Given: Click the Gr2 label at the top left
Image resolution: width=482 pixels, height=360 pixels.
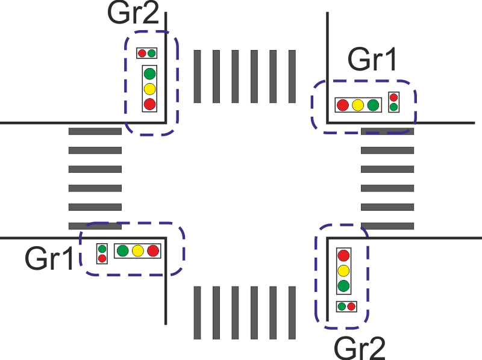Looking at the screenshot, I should [x=133, y=13].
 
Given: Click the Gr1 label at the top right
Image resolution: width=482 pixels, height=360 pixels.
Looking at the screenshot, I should [x=372, y=60].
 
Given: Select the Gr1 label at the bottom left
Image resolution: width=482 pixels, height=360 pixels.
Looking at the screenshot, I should [x=49, y=258].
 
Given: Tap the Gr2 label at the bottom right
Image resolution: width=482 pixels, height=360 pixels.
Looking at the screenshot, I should [x=359, y=347].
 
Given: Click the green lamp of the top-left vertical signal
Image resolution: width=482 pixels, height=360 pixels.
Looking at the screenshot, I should [x=149, y=74].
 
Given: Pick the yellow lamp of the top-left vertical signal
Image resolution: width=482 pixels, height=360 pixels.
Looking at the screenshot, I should [x=149, y=89].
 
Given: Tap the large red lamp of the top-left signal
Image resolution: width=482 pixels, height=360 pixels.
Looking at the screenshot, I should [x=149, y=104].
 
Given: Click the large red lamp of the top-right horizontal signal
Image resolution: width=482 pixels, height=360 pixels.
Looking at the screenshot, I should [x=343, y=105].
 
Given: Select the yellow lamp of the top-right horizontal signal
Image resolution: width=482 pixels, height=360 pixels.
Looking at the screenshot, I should [x=358, y=105].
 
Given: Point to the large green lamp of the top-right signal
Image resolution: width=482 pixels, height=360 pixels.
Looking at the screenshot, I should [x=373, y=105].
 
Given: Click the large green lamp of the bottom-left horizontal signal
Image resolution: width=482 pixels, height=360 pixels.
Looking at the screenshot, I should [x=123, y=251].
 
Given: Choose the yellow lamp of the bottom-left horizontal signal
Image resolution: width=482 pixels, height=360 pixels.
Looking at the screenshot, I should [x=138, y=251].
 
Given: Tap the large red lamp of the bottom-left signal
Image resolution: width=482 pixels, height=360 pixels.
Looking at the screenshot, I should [x=153, y=251].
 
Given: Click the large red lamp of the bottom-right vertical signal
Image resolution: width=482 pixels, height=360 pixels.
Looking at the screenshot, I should [x=343, y=255].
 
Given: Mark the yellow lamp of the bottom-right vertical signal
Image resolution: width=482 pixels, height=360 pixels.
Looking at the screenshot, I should [x=343, y=270].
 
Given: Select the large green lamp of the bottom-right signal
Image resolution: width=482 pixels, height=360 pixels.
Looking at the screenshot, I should [x=343, y=285].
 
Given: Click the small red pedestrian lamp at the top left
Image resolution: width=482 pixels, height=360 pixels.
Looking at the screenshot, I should [x=142, y=53].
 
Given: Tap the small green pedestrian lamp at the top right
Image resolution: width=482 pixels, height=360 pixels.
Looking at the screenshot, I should [x=393, y=107].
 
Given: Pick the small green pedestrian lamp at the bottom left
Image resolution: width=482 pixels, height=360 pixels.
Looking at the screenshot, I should [x=102, y=249].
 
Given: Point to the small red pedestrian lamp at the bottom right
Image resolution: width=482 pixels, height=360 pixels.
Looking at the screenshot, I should [x=351, y=306].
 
